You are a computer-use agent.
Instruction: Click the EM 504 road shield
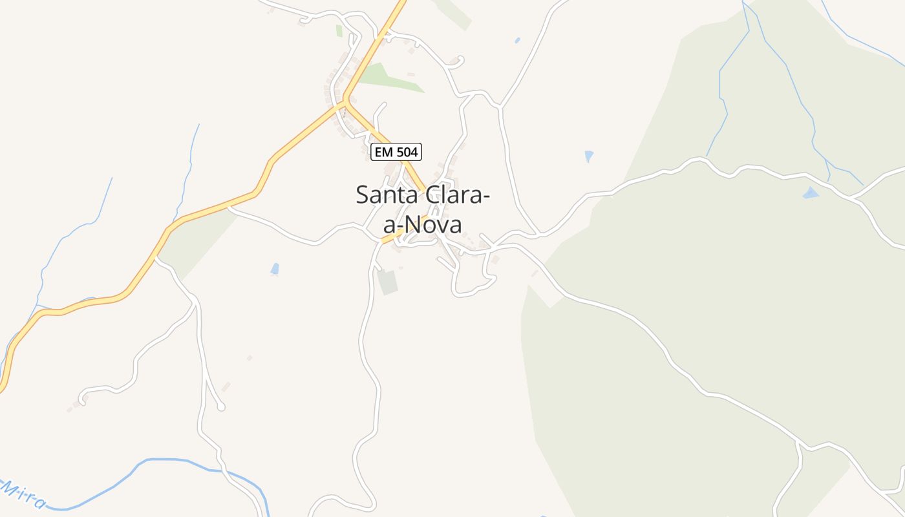tap(396, 152)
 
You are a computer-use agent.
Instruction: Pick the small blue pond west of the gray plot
tap(275, 268)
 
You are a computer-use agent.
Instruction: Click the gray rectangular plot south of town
tap(388, 282)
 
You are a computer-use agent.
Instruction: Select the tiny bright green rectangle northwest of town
tap(339, 30)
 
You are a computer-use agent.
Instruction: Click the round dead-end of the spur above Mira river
tap(221, 406)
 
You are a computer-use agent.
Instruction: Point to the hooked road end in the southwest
tap(82, 397)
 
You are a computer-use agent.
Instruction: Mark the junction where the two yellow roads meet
tap(346, 101)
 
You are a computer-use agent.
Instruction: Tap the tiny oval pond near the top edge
tap(517, 40)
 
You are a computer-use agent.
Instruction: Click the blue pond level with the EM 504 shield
tap(589, 156)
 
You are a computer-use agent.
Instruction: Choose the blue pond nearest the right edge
tap(810, 193)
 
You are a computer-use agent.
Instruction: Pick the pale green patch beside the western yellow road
tap(194, 242)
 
